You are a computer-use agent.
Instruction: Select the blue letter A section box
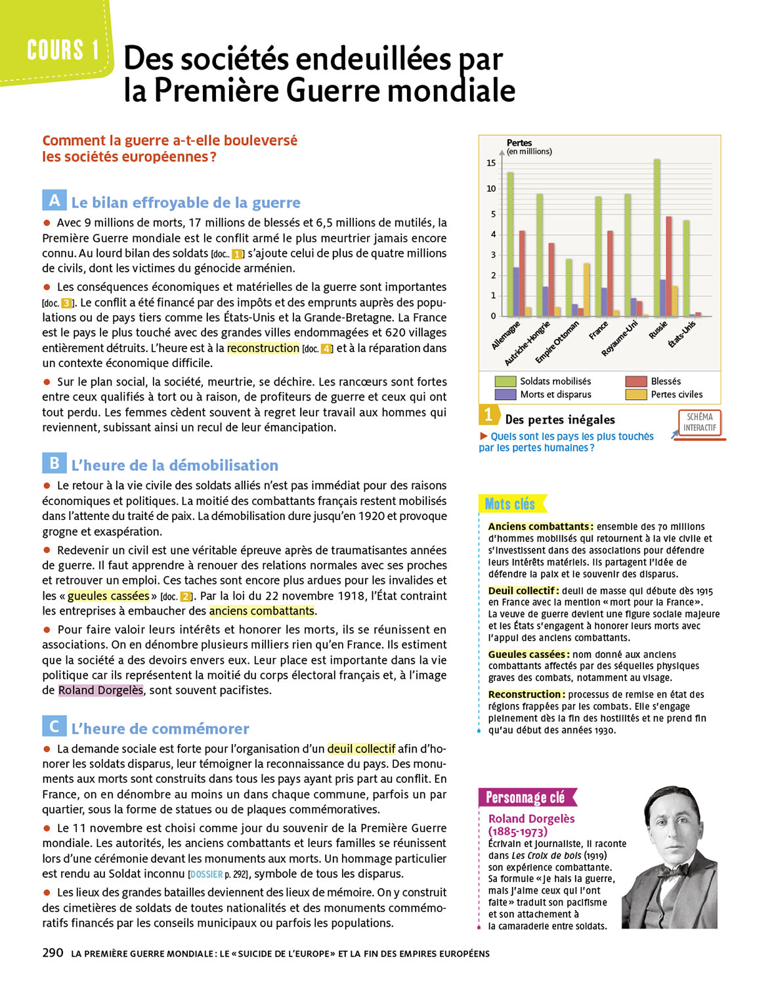tap(54, 200)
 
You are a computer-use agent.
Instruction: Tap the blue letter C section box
tap(54, 726)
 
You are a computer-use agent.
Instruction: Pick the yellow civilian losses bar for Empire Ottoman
tap(587, 290)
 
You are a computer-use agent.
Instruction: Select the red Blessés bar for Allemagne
tap(522, 273)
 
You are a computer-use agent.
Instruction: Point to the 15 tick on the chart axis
tap(491, 163)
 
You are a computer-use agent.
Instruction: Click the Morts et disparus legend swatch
tap(505, 395)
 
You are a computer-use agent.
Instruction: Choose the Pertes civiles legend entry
tap(676, 395)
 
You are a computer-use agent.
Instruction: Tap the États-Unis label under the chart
tap(682, 334)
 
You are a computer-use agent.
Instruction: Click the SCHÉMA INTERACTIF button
tap(699, 422)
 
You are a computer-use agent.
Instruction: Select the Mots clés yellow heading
tap(510, 504)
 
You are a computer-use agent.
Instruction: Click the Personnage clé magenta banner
tap(527, 797)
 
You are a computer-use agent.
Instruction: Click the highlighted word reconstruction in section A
tap(263, 348)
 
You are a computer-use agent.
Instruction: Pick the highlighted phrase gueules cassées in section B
tap(108, 596)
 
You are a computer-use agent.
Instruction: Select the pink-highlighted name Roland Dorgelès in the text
tap(100, 690)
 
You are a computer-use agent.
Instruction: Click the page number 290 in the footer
tap(53, 953)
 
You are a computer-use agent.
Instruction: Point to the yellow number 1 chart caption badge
tap(488, 414)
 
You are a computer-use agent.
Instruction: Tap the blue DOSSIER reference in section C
tap(206, 874)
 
